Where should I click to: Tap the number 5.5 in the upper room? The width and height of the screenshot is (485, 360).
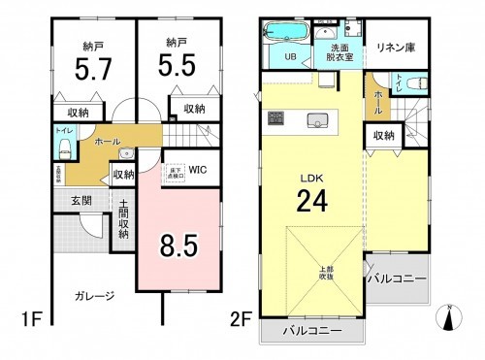click(176, 68)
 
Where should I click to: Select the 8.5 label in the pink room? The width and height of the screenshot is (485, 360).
click(178, 244)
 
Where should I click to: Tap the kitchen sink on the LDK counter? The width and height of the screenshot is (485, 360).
click(314, 120)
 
